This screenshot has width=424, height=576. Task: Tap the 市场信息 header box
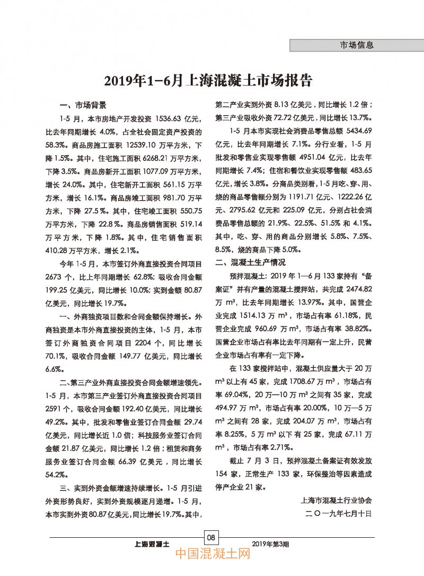356,45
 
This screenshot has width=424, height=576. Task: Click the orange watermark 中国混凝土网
212,557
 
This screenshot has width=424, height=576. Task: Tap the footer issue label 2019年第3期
272,544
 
